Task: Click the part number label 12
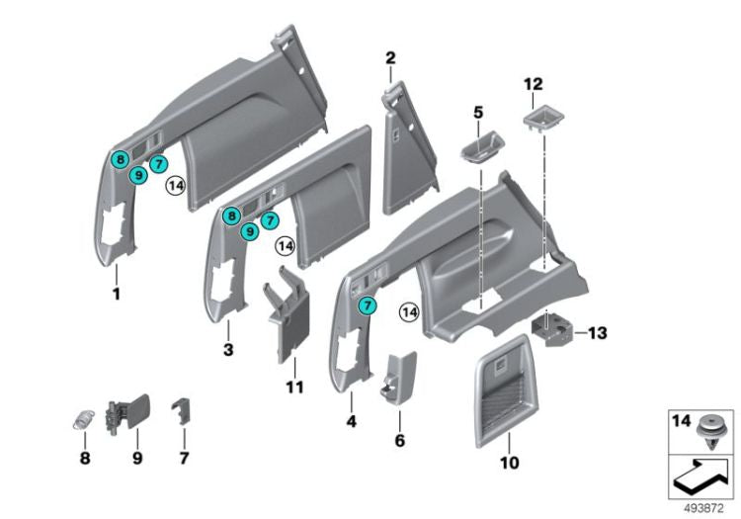coord(534,84)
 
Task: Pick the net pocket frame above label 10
coord(505,391)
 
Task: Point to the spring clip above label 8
coord(84,419)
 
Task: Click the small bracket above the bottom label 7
coord(182,410)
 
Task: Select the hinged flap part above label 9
coord(127,415)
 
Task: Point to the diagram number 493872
coord(703,508)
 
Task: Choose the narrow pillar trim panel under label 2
coord(409,149)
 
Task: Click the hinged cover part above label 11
coord(287,313)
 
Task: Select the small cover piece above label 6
coord(399,378)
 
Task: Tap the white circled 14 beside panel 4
coord(409,312)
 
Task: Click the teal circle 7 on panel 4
coord(368,305)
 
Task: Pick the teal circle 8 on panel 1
coord(121,159)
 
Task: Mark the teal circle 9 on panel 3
coord(250,231)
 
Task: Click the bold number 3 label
coord(228,350)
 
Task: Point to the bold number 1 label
coord(117,294)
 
